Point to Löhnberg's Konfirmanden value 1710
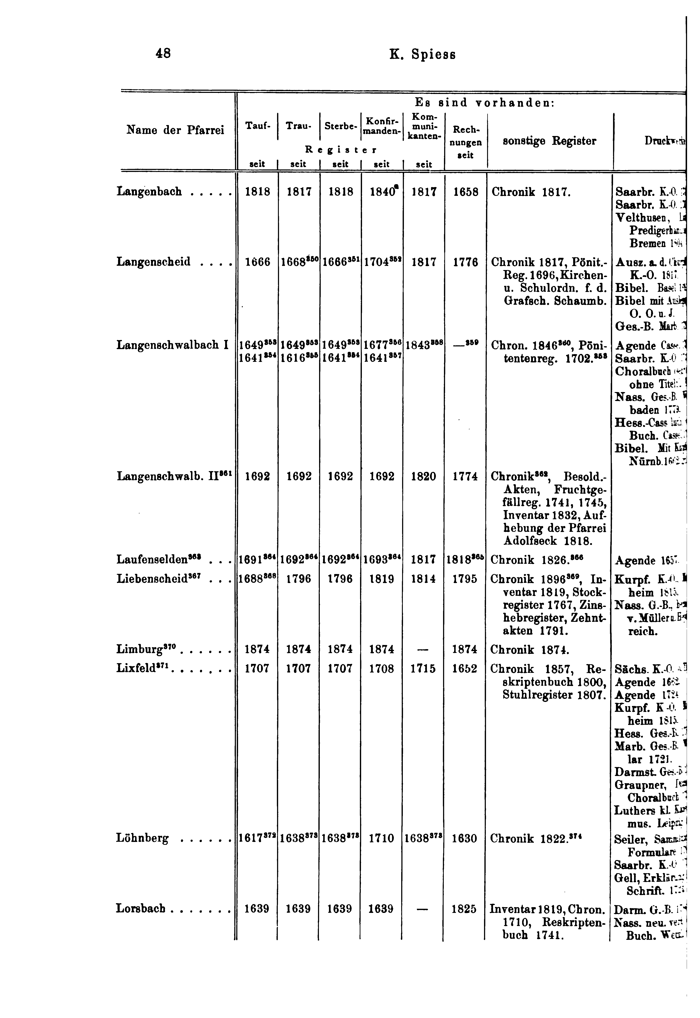tap(381, 838)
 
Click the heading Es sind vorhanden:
tap(485, 103)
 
